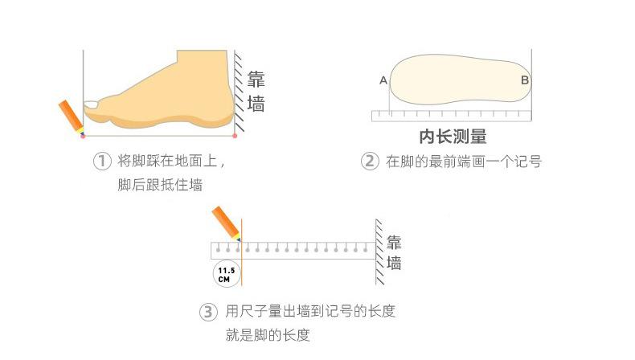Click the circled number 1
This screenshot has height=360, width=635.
click(102, 162)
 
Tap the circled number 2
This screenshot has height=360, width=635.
click(370, 162)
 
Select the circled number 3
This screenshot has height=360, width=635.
click(208, 313)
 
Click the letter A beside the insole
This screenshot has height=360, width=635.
click(383, 80)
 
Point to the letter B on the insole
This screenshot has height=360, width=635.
click(525, 80)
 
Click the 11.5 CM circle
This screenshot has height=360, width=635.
click(227, 274)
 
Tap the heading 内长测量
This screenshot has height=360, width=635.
click(453, 137)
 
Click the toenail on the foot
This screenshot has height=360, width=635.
click(91, 104)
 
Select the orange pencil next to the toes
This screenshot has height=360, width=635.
click(72, 117)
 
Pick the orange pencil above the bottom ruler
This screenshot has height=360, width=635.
click(226, 223)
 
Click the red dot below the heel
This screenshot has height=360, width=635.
click(235, 136)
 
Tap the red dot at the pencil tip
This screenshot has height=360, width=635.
click(83, 136)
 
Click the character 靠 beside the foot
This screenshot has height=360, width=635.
click(256, 80)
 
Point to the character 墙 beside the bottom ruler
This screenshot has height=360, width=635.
click(394, 263)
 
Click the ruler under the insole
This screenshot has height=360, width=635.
click(451, 116)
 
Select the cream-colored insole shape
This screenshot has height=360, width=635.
click(460, 79)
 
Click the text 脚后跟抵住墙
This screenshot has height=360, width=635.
click(160, 185)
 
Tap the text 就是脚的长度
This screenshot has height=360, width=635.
click(268, 335)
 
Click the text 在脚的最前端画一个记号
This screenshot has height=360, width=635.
click(464, 162)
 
